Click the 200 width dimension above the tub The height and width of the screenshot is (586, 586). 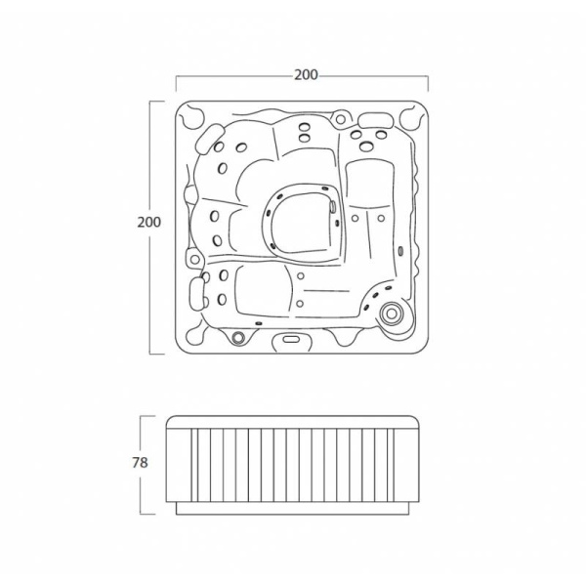[x=306, y=75]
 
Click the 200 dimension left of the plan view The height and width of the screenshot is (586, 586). [x=148, y=222]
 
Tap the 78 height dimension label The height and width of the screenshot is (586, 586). [x=140, y=463]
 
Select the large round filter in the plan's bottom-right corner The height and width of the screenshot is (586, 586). [x=392, y=314]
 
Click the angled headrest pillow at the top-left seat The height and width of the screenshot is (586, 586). [x=209, y=139]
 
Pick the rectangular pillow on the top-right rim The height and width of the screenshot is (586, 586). [x=376, y=119]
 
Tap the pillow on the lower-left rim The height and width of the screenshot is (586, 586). [x=196, y=294]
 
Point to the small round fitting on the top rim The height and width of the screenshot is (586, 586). [x=341, y=119]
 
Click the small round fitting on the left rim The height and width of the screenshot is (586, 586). [x=194, y=259]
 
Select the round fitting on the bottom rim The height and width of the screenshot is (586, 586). [x=237, y=338]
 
